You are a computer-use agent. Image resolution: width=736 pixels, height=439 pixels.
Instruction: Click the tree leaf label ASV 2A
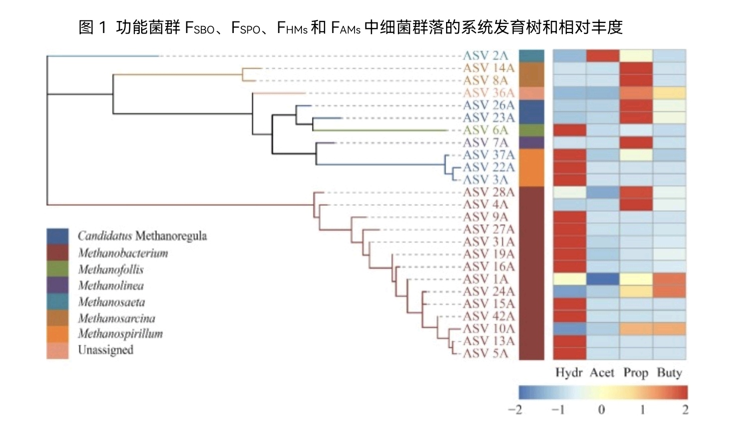point(485,56)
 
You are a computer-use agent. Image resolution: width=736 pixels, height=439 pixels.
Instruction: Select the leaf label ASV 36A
point(488,93)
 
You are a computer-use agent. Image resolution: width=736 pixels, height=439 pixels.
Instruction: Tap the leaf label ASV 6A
point(485,130)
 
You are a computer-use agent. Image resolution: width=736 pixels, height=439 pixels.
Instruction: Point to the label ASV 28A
point(488,192)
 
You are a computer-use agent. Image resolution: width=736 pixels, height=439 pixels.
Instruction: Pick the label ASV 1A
point(485,279)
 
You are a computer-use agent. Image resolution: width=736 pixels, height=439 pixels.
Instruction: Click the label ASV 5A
point(485,353)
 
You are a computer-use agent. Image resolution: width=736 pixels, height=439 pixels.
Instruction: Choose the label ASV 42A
point(488,316)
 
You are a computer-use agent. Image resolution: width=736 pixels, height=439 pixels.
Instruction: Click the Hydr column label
point(569,373)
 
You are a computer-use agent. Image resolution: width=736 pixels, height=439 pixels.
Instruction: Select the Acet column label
point(602,373)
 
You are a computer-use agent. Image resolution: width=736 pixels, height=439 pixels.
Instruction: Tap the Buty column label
point(669,373)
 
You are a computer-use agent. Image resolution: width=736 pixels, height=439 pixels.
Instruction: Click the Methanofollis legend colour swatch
point(58,269)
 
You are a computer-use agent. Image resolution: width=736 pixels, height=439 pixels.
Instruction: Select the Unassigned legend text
point(106,350)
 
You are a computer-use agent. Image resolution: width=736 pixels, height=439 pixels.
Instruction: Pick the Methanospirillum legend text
point(120,334)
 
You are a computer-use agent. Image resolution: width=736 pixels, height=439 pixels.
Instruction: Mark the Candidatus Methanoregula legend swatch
point(58,236)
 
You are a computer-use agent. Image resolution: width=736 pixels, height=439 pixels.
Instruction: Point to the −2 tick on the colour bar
point(515,410)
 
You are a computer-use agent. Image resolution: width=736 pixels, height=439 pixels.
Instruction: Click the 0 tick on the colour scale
point(601,410)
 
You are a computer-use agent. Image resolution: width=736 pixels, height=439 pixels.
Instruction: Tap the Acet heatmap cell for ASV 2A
point(602,56)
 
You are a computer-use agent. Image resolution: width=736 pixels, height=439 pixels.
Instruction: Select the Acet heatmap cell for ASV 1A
point(602,279)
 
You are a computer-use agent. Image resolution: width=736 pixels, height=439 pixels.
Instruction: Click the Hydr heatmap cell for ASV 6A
point(569,130)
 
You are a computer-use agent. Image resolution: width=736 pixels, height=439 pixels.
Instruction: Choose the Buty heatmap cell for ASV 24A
point(669,291)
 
